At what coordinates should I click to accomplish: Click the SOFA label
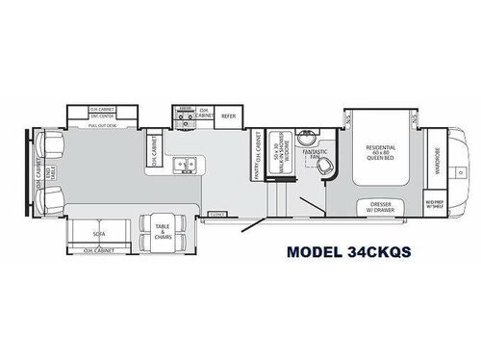coord(99,232)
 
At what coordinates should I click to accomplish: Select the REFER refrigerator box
coord(228,116)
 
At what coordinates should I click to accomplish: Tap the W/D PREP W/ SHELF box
coord(436,204)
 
